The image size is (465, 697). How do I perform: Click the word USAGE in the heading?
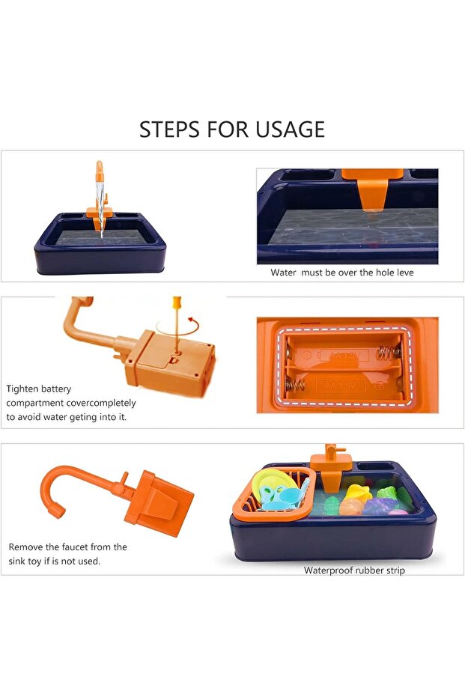tap(290, 130)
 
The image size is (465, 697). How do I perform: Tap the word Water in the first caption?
tap(283, 273)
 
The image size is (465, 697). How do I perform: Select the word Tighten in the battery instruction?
tap(22, 389)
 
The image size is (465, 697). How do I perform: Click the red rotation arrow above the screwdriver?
tap(193, 320)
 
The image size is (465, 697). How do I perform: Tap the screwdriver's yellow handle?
tap(177, 302)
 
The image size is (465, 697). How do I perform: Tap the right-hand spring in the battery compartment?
tap(389, 353)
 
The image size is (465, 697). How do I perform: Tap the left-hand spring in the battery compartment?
tap(295, 385)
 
